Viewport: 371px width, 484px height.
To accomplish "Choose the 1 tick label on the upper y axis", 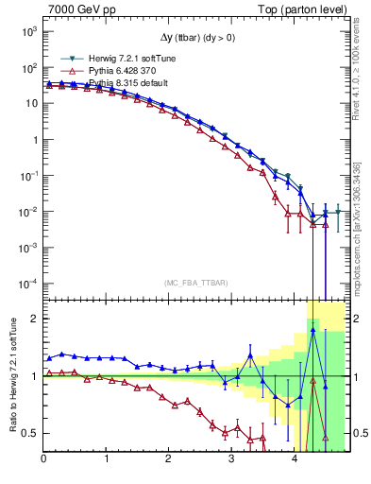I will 34,140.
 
